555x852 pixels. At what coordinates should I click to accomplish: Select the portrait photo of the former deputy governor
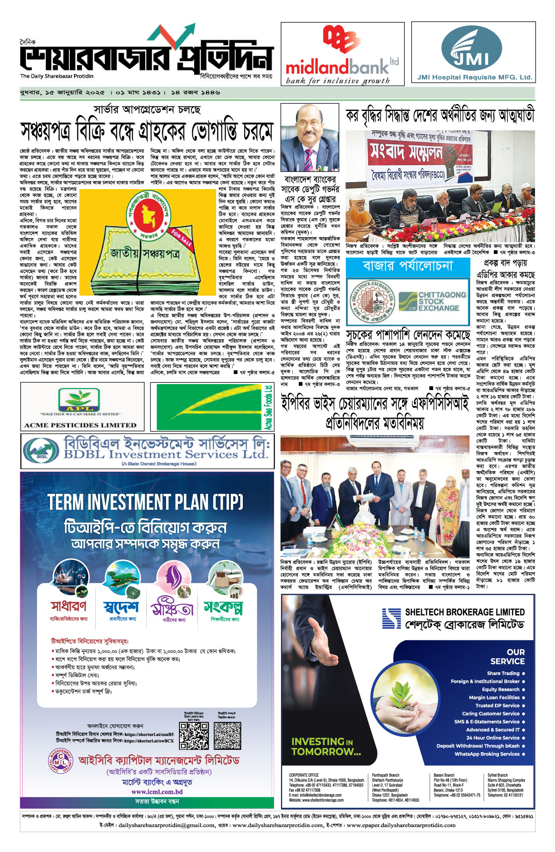(x=309, y=137)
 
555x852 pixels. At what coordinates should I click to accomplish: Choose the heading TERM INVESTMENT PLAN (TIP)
(x=146, y=503)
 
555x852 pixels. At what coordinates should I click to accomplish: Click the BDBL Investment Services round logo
(x=41, y=449)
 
